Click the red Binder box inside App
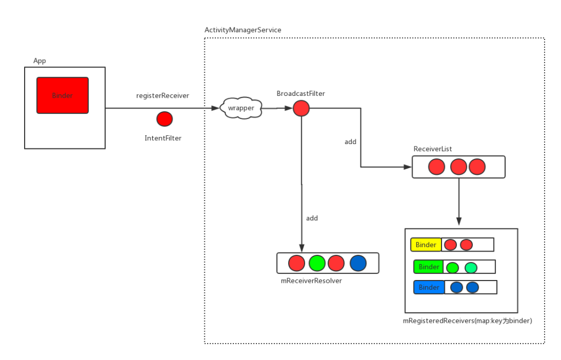coord(62,95)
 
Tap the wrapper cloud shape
coord(241,108)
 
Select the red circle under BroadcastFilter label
coord(301,108)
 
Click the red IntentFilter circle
coord(164,118)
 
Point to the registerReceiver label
coord(163,96)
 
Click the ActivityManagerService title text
coord(243,30)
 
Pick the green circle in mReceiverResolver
coord(317,264)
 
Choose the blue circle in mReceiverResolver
coord(358,264)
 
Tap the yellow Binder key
coord(426,244)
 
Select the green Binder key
coord(429,267)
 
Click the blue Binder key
coord(429,287)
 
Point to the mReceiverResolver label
coord(311,281)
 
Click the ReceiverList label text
coord(433,149)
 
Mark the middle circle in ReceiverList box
coord(458,167)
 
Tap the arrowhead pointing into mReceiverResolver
coord(301,248)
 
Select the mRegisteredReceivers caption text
coord(467,320)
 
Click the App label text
coord(39,61)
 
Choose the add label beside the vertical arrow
coord(312,218)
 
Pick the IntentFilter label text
coord(163,138)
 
